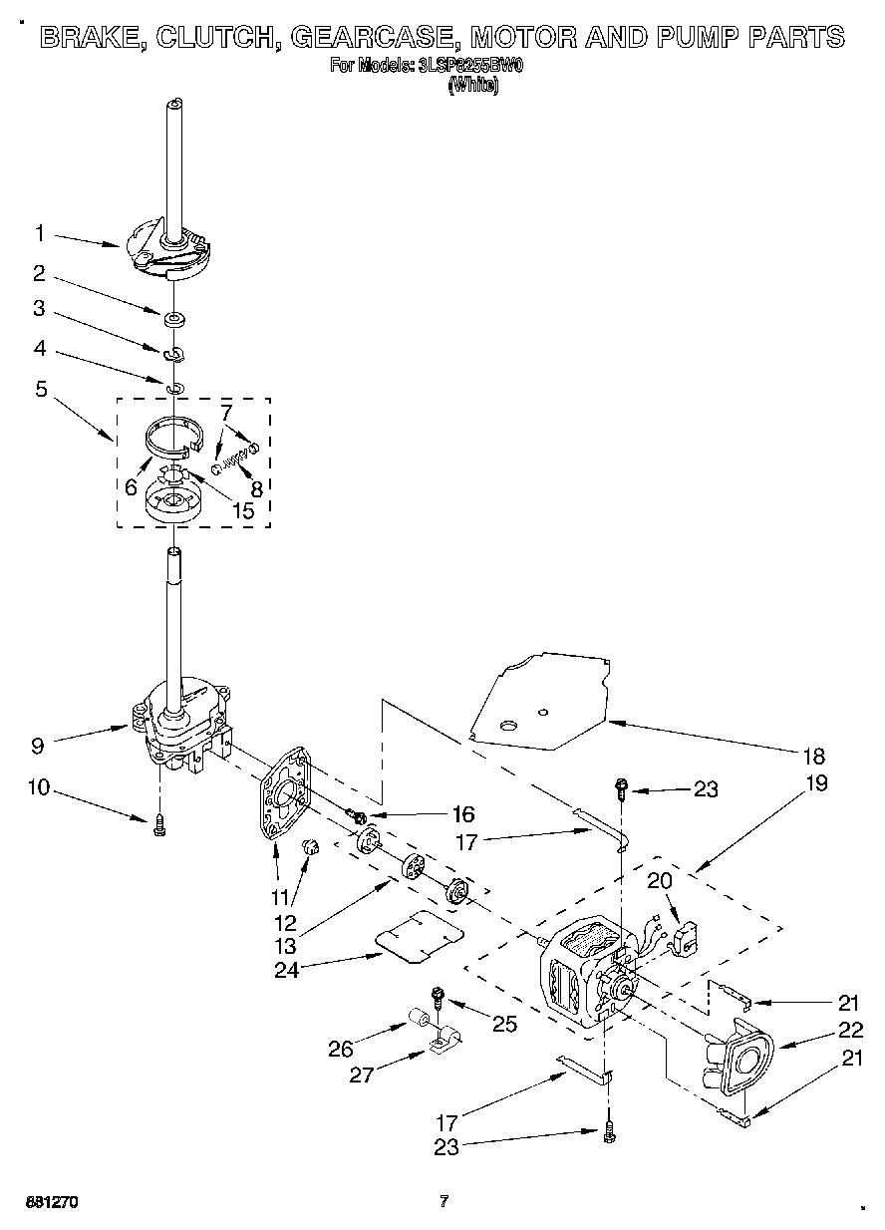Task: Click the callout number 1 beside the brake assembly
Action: click(x=40, y=234)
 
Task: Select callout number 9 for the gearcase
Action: click(x=38, y=743)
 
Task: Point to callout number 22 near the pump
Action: click(x=849, y=1032)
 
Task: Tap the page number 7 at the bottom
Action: click(x=444, y=1202)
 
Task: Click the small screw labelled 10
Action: click(x=159, y=826)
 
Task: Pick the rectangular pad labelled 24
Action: click(x=421, y=935)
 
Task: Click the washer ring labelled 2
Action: click(x=174, y=319)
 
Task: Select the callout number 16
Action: click(x=435, y=814)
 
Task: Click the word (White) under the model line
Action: click(x=474, y=85)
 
